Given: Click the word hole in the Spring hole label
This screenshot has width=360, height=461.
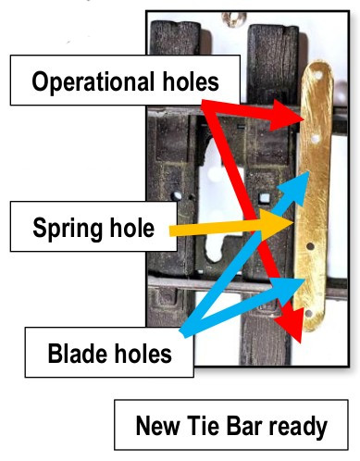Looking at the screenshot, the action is (130, 228).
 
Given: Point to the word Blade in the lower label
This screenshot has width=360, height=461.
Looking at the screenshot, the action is (77, 353).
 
